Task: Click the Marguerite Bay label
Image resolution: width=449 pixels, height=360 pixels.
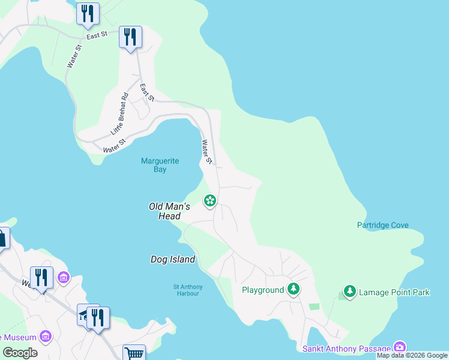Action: tap(153, 165)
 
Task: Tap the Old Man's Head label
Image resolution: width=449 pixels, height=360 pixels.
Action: tap(169, 211)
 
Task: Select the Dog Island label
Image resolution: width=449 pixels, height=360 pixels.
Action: tap(172, 259)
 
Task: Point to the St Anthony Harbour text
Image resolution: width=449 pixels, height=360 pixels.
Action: tap(186, 290)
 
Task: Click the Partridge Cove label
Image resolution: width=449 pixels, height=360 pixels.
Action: tap(382, 226)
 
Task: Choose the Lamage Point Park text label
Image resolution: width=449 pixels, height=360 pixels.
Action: tap(394, 293)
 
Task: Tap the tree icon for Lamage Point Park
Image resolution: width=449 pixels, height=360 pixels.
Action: tap(349, 292)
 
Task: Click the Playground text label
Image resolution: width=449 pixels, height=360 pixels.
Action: tap(262, 290)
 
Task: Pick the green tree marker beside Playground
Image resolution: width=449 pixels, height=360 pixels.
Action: tap(293, 290)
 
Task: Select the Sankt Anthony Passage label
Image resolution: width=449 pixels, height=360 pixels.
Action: tap(346, 349)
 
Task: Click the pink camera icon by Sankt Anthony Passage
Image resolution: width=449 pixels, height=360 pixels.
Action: tap(399, 347)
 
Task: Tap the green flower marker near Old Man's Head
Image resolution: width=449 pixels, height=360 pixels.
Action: tap(210, 200)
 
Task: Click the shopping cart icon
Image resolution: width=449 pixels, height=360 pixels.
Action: tap(134, 353)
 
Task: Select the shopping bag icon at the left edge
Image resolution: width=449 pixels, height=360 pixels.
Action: tap(2, 238)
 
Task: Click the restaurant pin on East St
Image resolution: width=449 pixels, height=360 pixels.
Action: tap(130, 37)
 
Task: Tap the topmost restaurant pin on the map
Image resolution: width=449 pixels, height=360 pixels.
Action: tap(88, 14)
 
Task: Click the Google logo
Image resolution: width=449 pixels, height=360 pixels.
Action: tap(20, 353)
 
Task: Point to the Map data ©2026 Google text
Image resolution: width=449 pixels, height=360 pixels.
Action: tap(412, 356)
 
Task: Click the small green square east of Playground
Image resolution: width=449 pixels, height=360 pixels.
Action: tap(314, 307)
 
